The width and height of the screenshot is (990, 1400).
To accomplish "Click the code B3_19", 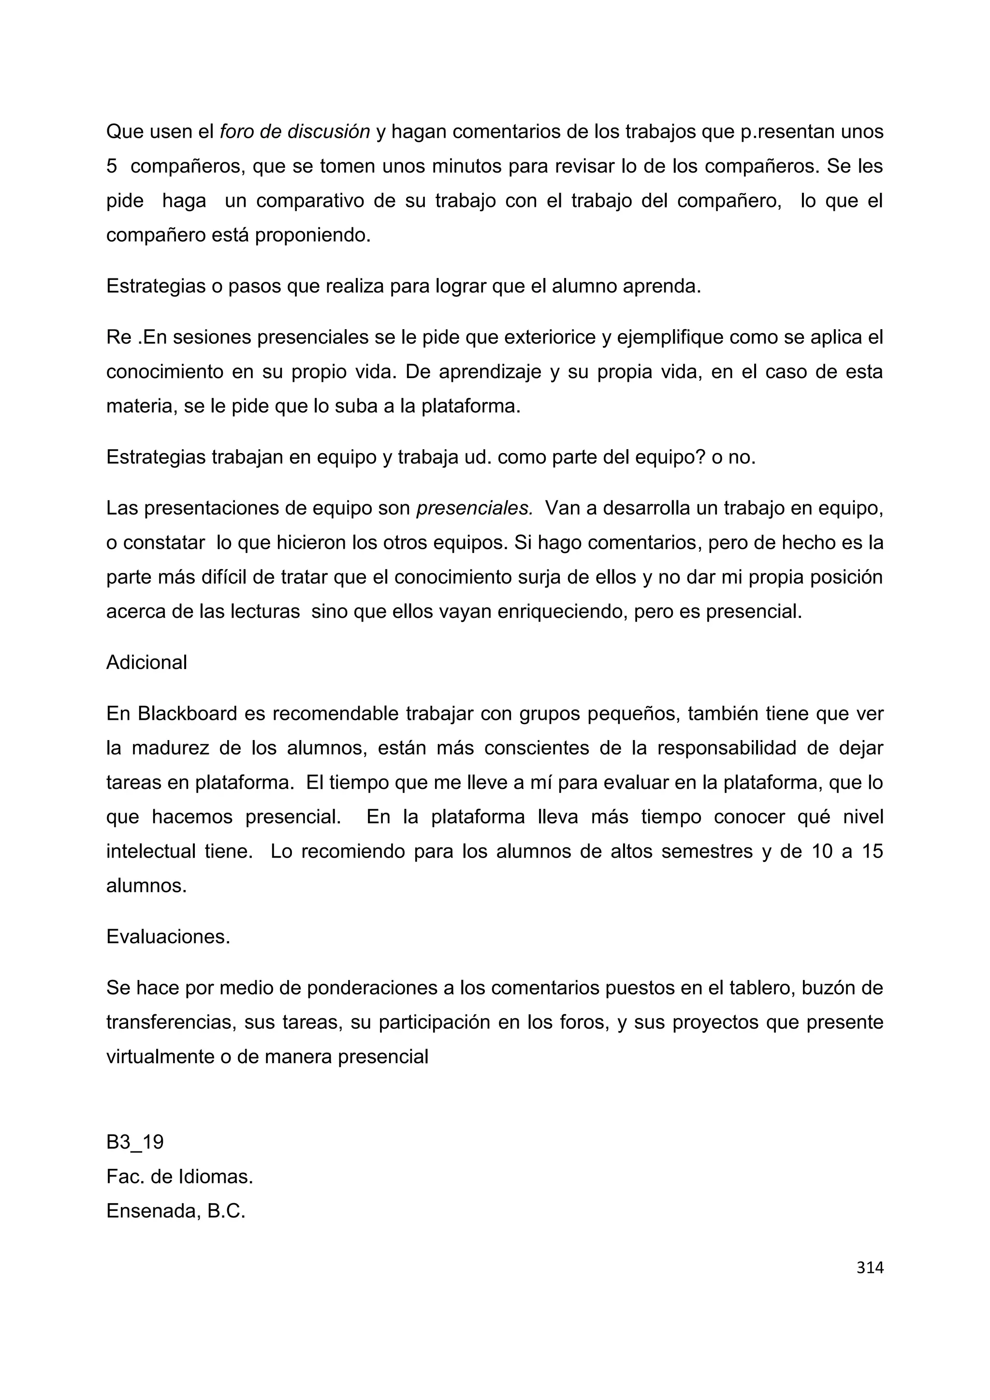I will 135,1142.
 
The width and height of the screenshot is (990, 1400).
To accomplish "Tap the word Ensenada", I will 150,1210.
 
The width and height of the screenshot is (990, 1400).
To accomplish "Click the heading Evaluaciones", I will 168,936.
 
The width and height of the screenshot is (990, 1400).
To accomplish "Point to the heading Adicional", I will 146,662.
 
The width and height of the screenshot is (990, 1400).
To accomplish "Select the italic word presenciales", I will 475,508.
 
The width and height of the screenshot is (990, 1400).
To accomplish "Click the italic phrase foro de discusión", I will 294,131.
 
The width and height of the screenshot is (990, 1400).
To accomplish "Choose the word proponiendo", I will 313,235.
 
